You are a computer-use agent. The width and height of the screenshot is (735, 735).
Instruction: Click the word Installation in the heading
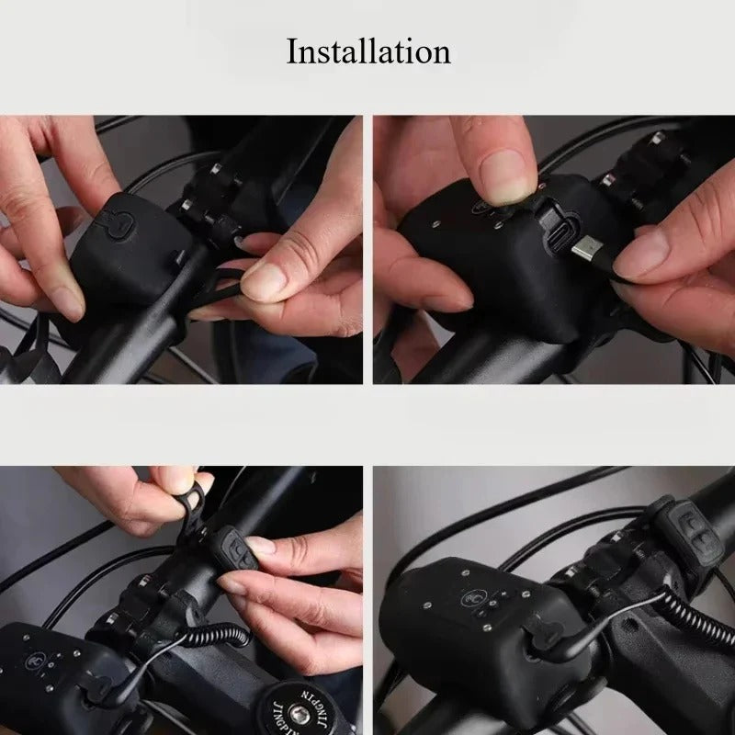click(x=368, y=52)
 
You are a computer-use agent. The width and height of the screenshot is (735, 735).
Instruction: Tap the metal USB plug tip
click(x=583, y=249)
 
